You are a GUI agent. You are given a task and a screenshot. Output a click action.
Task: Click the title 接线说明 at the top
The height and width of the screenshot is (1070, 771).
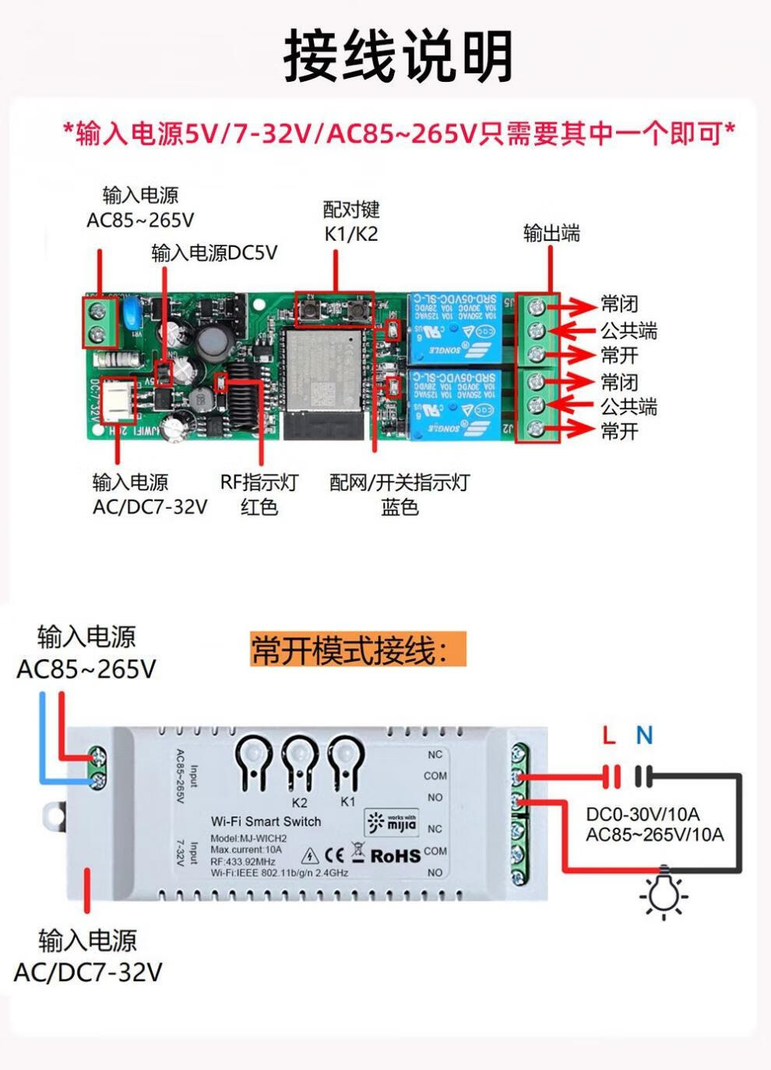pyautogui.click(x=398, y=55)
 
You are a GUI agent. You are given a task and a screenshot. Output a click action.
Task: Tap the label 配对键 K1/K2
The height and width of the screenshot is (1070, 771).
pyautogui.click(x=350, y=221)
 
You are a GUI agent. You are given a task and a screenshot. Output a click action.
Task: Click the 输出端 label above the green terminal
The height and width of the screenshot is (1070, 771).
pyautogui.click(x=551, y=233)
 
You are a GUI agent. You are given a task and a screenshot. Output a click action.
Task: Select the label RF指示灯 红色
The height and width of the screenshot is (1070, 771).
pyautogui.click(x=259, y=494)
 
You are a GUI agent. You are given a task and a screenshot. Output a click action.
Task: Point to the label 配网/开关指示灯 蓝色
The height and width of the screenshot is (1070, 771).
pyautogui.click(x=400, y=494)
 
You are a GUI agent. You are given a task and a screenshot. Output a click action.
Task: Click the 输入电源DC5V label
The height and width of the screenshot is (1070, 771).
pyautogui.click(x=214, y=252)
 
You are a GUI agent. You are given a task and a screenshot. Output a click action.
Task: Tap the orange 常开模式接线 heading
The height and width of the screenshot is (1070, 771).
pyautogui.click(x=357, y=649)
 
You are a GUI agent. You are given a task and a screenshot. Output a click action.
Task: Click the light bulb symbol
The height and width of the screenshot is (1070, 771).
pyautogui.click(x=664, y=892)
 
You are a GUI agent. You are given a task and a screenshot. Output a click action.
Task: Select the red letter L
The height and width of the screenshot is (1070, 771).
pyautogui.click(x=609, y=735)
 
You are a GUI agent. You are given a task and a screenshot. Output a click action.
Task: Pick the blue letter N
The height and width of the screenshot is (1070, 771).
pyautogui.click(x=644, y=735)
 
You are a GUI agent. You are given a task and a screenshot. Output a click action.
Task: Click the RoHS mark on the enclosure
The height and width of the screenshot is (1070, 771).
pyautogui.click(x=395, y=856)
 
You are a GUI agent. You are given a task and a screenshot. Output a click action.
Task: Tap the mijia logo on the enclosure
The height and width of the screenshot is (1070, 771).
pyautogui.click(x=392, y=822)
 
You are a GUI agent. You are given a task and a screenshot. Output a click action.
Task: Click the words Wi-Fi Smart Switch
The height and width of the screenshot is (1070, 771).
pyautogui.click(x=266, y=821)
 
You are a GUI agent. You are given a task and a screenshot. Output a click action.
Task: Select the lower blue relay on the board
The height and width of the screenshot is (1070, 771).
pyautogui.click(x=454, y=403)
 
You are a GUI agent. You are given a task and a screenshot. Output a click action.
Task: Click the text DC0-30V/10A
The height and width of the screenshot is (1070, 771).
pyautogui.click(x=642, y=814)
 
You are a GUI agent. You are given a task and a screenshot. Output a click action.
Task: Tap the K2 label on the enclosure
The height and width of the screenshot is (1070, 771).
pyautogui.click(x=300, y=803)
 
